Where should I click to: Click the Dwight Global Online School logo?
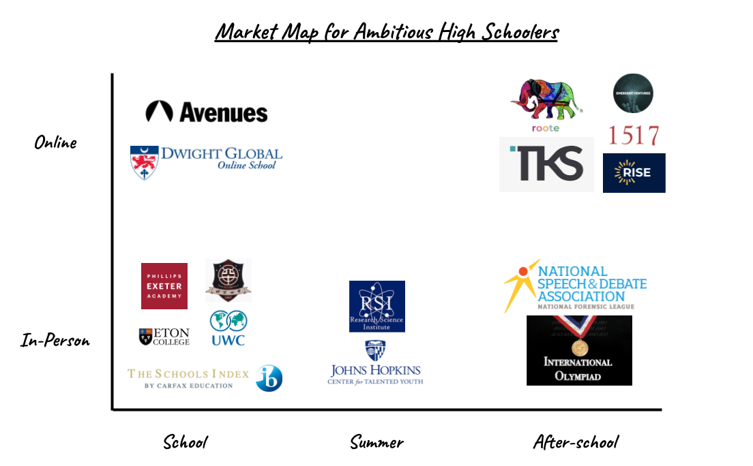click(x=207, y=164)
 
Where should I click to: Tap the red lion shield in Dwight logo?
click(x=145, y=164)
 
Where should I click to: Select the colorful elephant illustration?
click(x=547, y=100)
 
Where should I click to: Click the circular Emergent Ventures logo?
click(x=633, y=93)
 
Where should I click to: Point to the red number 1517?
click(x=633, y=135)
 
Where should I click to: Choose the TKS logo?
click(x=546, y=164)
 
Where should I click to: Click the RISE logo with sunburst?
click(x=634, y=173)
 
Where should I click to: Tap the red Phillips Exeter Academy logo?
click(x=164, y=286)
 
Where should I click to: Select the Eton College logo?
click(x=164, y=337)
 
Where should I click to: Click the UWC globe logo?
click(x=228, y=328)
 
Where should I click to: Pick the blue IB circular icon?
click(x=269, y=378)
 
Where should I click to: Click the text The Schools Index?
click(x=188, y=374)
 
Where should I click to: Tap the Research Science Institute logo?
click(x=377, y=307)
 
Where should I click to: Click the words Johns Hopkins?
click(x=375, y=370)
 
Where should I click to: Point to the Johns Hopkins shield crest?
click(x=375, y=349)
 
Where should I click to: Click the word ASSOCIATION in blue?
click(x=581, y=296)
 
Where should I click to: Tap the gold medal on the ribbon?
click(x=579, y=347)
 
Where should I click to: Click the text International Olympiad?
click(x=578, y=368)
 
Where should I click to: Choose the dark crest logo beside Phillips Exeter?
click(x=228, y=281)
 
